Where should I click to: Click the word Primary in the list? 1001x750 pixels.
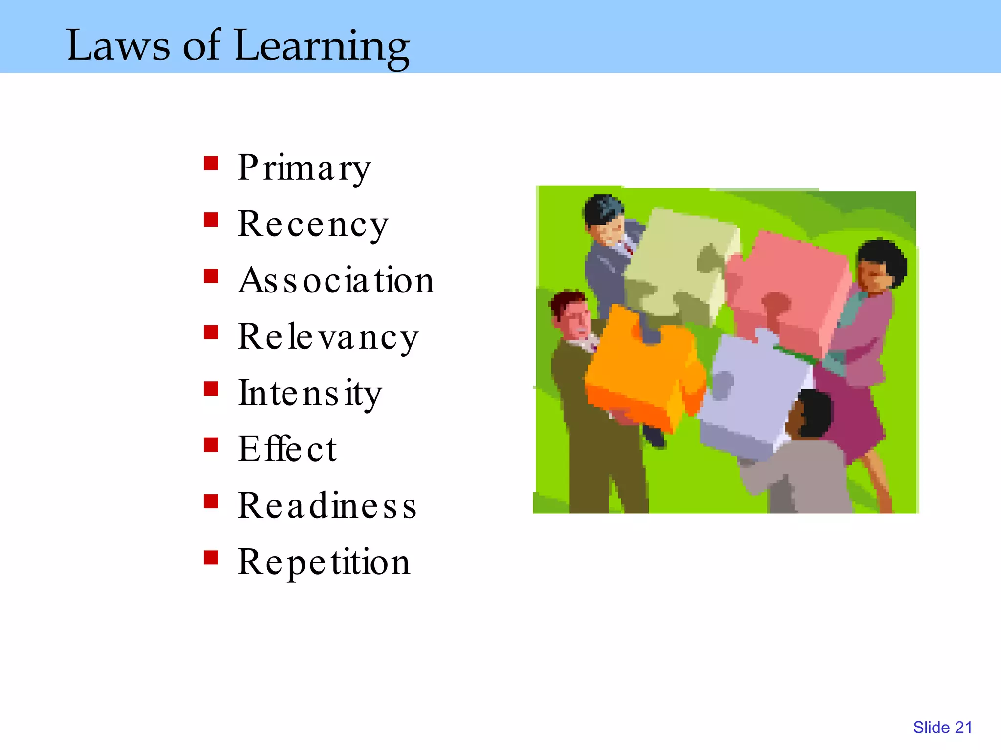pos(304,168)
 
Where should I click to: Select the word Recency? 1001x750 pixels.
pos(313,225)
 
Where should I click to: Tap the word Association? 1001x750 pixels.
pos(336,281)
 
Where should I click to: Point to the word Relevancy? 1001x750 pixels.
pos(328,337)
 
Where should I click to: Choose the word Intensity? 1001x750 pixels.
pos(309,394)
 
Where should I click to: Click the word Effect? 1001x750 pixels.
pos(287,449)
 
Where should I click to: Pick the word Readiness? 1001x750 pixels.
pos(327,506)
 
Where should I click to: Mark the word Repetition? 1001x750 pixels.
pos(324,562)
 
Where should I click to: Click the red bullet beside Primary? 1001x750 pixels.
pos(211,163)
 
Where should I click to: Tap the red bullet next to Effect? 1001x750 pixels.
pos(211,445)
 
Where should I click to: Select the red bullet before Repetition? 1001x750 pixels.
pos(211,558)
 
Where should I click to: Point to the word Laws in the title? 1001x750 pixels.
pos(118,45)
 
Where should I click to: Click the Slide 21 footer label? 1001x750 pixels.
pos(942,728)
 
